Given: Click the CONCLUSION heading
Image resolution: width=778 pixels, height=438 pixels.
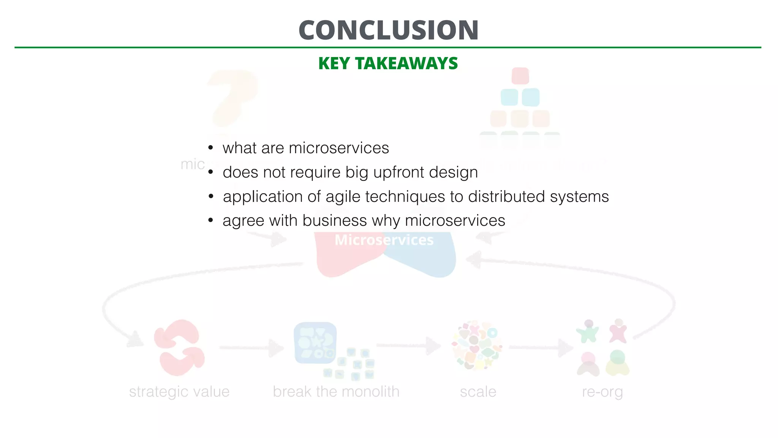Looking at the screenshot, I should coord(388,30).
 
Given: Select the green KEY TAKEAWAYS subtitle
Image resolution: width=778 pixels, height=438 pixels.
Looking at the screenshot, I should coord(388,63).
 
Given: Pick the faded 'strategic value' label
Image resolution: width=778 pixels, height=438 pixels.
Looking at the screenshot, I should coord(179,392).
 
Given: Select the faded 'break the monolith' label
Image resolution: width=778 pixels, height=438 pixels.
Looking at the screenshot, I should coord(336,392).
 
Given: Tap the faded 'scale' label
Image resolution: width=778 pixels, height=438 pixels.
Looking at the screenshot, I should coord(478,392).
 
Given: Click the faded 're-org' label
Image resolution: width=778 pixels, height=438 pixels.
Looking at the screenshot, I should coord(602,392).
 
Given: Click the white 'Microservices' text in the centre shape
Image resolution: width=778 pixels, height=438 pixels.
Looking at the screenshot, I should coord(384,240).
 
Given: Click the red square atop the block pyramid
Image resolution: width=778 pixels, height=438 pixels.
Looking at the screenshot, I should coord(520,76).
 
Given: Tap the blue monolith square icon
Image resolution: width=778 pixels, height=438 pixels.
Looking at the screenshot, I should coord(315,343).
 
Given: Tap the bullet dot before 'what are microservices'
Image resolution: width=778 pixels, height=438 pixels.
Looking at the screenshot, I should coord(211,148).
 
